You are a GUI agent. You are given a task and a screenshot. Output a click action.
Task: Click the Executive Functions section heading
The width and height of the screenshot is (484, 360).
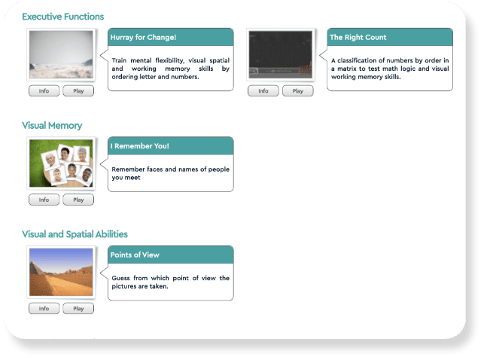pyautogui.click(x=63, y=17)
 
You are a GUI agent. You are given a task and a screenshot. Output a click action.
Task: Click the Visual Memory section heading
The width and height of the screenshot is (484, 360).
pyautogui.click(x=52, y=125)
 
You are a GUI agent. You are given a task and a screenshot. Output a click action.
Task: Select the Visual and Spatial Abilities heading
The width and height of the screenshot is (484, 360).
pyautogui.click(x=75, y=234)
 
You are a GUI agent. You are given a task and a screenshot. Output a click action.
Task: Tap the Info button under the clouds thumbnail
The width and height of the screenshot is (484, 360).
pyautogui.click(x=44, y=91)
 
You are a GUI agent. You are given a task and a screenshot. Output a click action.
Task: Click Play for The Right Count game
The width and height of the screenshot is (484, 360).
pyautogui.click(x=297, y=91)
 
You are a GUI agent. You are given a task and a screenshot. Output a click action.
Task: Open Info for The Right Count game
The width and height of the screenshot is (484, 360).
pyautogui.click(x=263, y=91)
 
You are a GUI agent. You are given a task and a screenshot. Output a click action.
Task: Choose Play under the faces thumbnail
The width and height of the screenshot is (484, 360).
pyautogui.click(x=78, y=200)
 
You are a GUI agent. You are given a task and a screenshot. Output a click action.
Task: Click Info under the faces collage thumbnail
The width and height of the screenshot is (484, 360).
pyautogui.click(x=44, y=200)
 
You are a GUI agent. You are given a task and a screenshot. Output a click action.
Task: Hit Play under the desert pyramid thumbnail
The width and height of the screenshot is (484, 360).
pyautogui.click(x=78, y=309)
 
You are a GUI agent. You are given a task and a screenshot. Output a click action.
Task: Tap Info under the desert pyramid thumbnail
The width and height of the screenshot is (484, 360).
pyautogui.click(x=44, y=309)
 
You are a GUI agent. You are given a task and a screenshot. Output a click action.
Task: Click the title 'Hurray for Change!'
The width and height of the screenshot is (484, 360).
pyautogui.click(x=143, y=38)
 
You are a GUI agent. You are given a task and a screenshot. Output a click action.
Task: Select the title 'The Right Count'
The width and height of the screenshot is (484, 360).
pyautogui.click(x=358, y=38)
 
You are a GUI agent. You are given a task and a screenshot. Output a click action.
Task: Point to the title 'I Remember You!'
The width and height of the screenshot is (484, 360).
pyautogui.click(x=140, y=146)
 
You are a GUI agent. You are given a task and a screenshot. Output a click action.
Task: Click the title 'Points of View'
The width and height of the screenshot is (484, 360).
pyautogui.click(x=135, y=255)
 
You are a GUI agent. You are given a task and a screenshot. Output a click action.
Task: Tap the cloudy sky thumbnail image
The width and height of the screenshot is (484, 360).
pyautogui.click(x=61, y=55)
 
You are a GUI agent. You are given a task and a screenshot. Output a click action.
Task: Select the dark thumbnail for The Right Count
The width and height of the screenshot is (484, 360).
pyautogui.click(x=281, y=55)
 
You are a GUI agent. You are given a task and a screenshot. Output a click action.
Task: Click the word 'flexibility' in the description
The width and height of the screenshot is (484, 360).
pyautogui.click(x=170, y=60)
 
